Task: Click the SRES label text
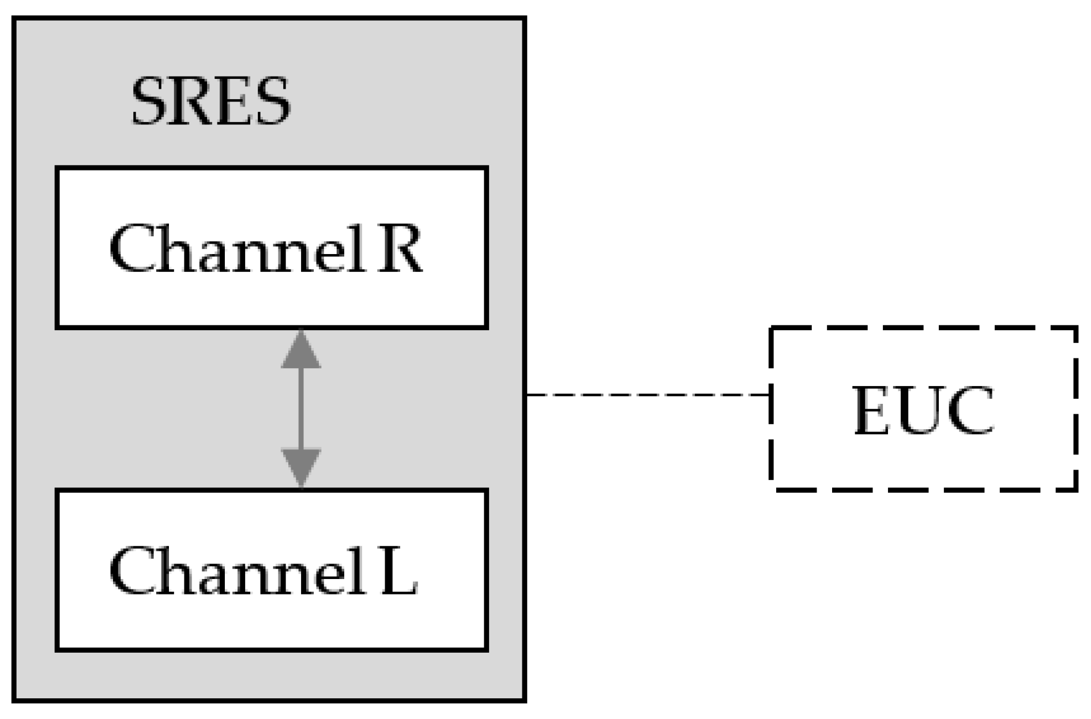[210, 102]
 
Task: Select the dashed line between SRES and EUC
[646, 395]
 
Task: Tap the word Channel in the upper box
[236, 249]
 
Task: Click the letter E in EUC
[872, 410]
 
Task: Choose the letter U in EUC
[920, 410]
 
